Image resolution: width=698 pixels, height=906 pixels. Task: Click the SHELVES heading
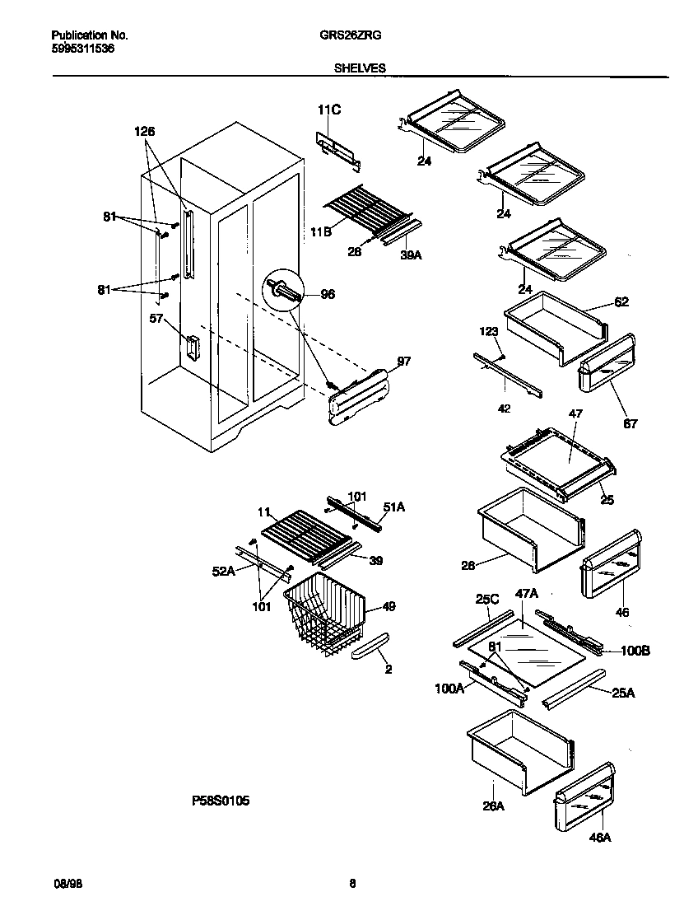[360, 69]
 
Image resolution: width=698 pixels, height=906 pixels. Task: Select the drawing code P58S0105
[216, 800]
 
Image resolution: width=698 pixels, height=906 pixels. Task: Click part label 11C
[328, 110]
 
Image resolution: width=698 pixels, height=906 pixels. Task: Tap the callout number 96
[327, 294]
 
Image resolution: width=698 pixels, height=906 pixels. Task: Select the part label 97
[403, 361]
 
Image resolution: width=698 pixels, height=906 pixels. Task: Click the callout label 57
[156, 318]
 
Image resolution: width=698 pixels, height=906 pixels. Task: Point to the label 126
[144, 131]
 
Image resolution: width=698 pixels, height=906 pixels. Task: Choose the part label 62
[621, 302]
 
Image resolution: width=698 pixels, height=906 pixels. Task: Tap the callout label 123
[489, 331]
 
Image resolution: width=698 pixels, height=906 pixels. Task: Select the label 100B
[635, 651]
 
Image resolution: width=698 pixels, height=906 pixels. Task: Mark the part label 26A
[492, 806]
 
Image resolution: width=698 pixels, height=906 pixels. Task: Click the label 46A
[599, 838]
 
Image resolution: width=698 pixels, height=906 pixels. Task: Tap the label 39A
[411, 256]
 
